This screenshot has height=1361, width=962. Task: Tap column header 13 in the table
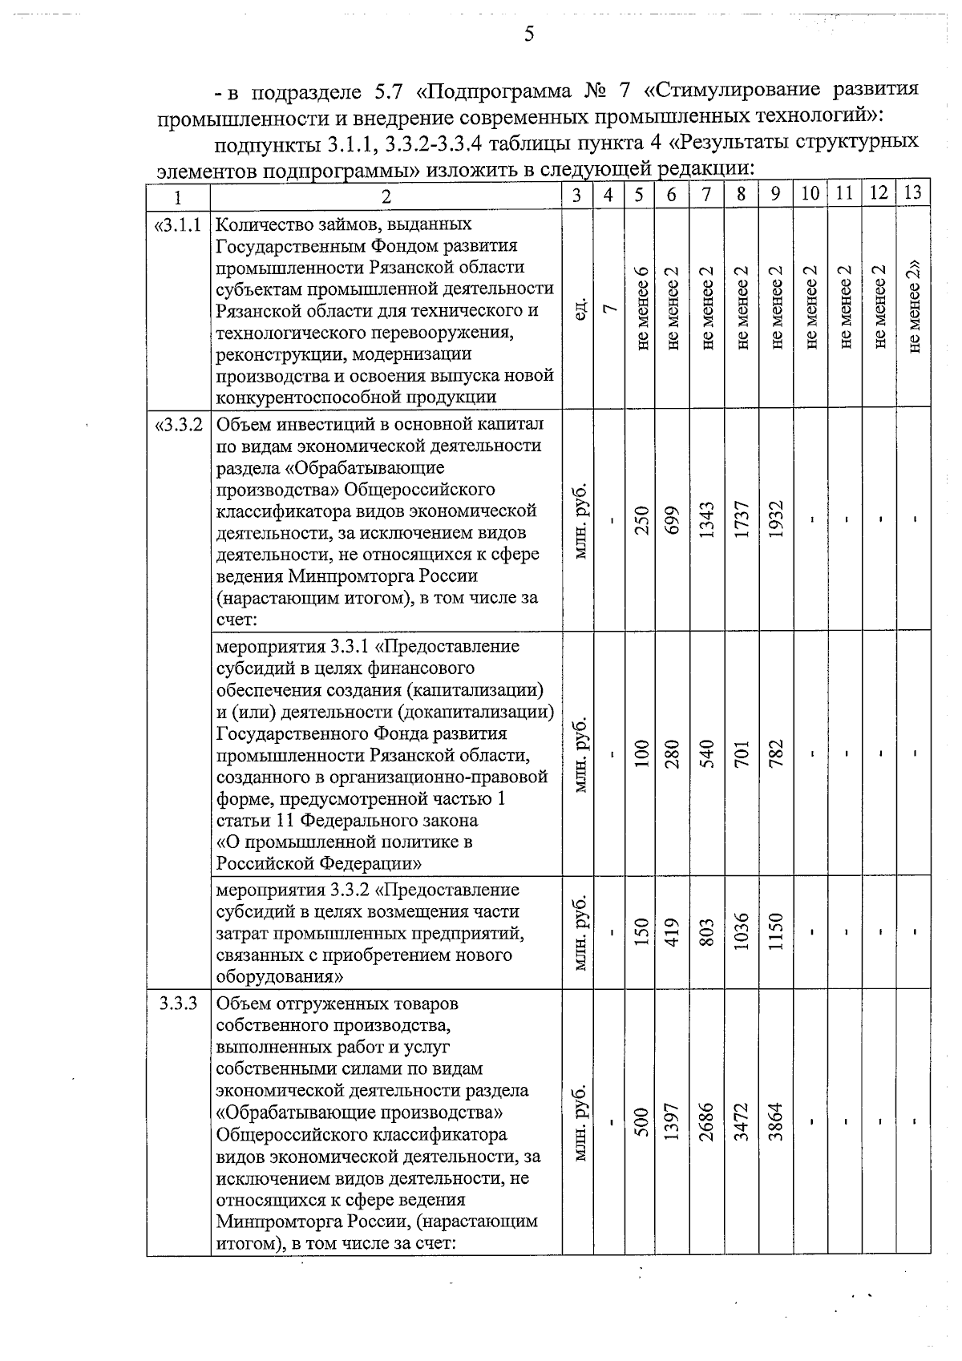[x=913, y=194]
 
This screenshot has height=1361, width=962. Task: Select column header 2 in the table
[x=386, y=196]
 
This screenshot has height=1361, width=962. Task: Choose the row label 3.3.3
[x=178, y=1004]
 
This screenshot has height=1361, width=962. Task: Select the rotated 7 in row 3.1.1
[x=609, y=308]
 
